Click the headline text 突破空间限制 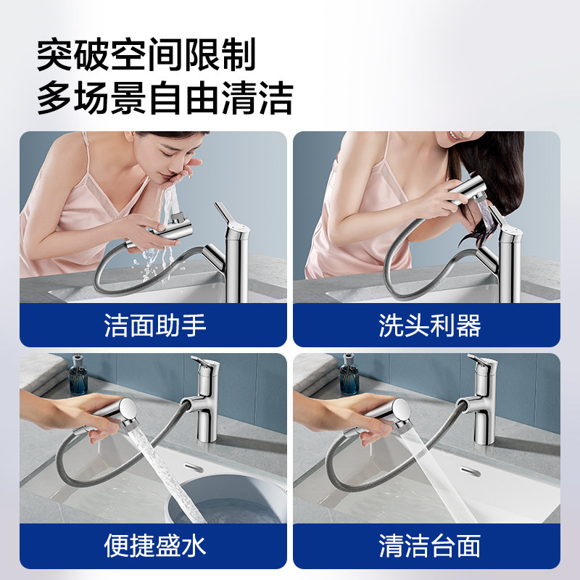point(146,56)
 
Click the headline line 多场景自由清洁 point(165,98)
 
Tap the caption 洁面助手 point(154,326)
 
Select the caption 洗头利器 point(429,326)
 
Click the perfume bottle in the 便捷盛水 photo point(78,378)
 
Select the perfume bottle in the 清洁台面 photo point(350,378)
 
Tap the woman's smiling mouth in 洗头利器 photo point(454,136)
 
